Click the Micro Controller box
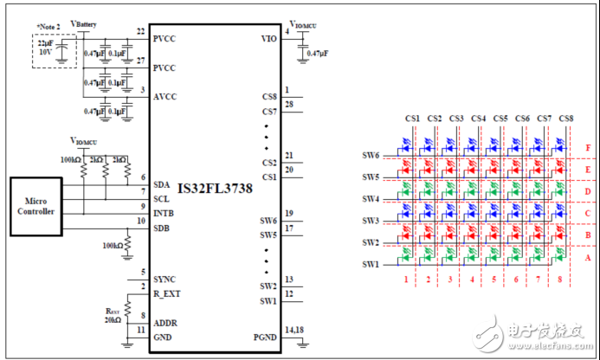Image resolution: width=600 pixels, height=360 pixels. tap(36, 206)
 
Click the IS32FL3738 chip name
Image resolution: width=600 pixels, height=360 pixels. tap(216, 186)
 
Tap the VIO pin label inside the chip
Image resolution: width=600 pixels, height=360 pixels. tap(268, 39)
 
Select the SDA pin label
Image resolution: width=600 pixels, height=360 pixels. tap(161, 184)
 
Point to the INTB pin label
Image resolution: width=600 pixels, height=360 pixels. tap(163, 212)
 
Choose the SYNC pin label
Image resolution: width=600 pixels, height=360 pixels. tap(165, 280)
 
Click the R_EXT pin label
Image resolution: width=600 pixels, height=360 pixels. tap(167, 293)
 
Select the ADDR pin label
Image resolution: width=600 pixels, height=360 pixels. tap(165, 323)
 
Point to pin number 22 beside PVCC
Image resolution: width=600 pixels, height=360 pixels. tap(141, 32)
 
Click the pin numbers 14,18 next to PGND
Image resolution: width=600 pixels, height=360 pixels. tap(294, 331)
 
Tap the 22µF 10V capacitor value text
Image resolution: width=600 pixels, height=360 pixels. tap(44, 46)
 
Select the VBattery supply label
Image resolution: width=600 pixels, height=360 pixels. tap(83, 24)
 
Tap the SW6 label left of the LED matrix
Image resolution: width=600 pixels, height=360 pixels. tap(371, 155)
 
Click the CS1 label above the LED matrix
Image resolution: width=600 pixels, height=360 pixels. tap(412, 119)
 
